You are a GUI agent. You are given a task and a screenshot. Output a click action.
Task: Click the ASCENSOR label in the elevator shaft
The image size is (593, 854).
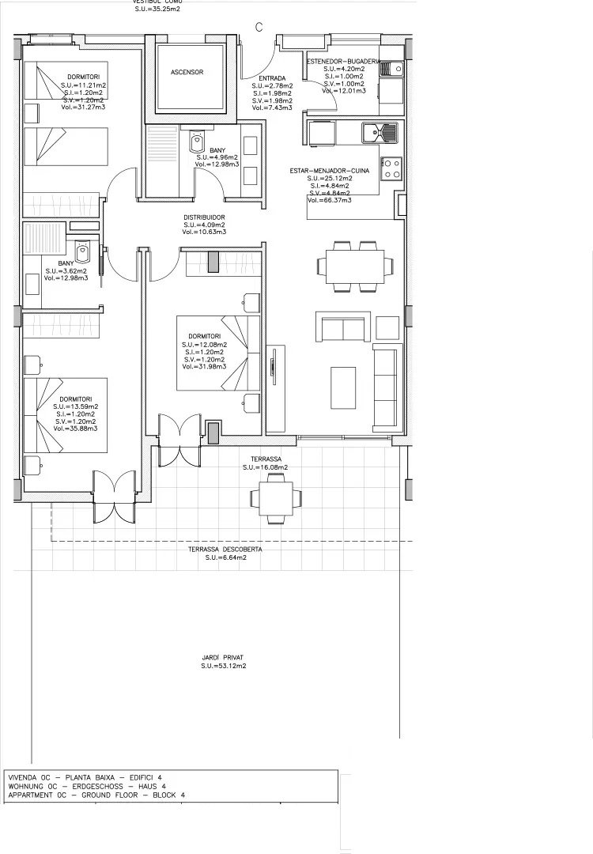tap(187, 72)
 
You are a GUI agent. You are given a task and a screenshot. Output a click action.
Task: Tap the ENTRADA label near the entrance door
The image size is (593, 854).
tap(272, 78)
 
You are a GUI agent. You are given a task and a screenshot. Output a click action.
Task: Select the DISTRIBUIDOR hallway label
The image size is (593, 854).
tap(205, 217)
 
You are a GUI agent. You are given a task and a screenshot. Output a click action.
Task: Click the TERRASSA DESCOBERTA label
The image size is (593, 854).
tap(225, 549)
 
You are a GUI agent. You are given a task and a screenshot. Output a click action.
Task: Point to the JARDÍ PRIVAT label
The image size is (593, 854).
tap(223, 657)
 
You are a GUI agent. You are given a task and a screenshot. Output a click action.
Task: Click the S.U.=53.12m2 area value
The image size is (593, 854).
tap(223, 667)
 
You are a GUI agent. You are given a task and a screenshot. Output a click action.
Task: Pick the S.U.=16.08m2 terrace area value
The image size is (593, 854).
tap(266, 467)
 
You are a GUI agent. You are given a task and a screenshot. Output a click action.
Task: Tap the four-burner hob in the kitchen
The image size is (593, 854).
tap(391, 167)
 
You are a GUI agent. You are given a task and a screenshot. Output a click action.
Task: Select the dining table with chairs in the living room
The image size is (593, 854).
tap(352, 265)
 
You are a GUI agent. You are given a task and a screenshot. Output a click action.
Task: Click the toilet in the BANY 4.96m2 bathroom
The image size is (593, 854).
tap(196, 143)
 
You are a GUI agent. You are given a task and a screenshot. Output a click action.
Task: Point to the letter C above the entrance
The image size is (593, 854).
tap(259, 27)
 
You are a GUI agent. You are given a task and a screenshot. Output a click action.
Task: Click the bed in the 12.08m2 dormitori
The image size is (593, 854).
tap(217, 353)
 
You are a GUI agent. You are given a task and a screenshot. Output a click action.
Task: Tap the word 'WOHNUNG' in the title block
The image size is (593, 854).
tap(26, 786)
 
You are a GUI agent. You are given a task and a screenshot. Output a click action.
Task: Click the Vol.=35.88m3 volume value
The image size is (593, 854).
tap(76, 429)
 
